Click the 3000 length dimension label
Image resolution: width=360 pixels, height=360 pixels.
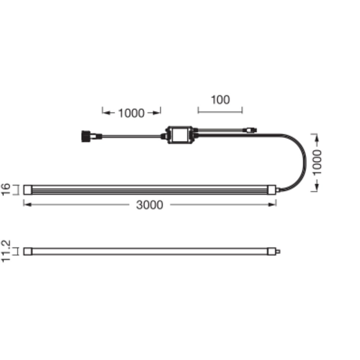click(149, 205)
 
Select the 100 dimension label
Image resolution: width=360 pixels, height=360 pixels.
click(220, 100)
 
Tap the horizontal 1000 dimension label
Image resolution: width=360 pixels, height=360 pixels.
click(131, 113)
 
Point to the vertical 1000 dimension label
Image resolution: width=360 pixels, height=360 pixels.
click(317, 163)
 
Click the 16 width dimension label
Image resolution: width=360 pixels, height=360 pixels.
click(6, 189)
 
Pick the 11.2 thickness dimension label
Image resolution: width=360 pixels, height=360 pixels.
click(6, 251)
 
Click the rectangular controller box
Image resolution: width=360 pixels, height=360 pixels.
click(180, 135)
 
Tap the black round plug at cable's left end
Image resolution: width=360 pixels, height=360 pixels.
click(86, 136)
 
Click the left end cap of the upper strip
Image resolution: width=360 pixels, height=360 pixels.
click(28, 190)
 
